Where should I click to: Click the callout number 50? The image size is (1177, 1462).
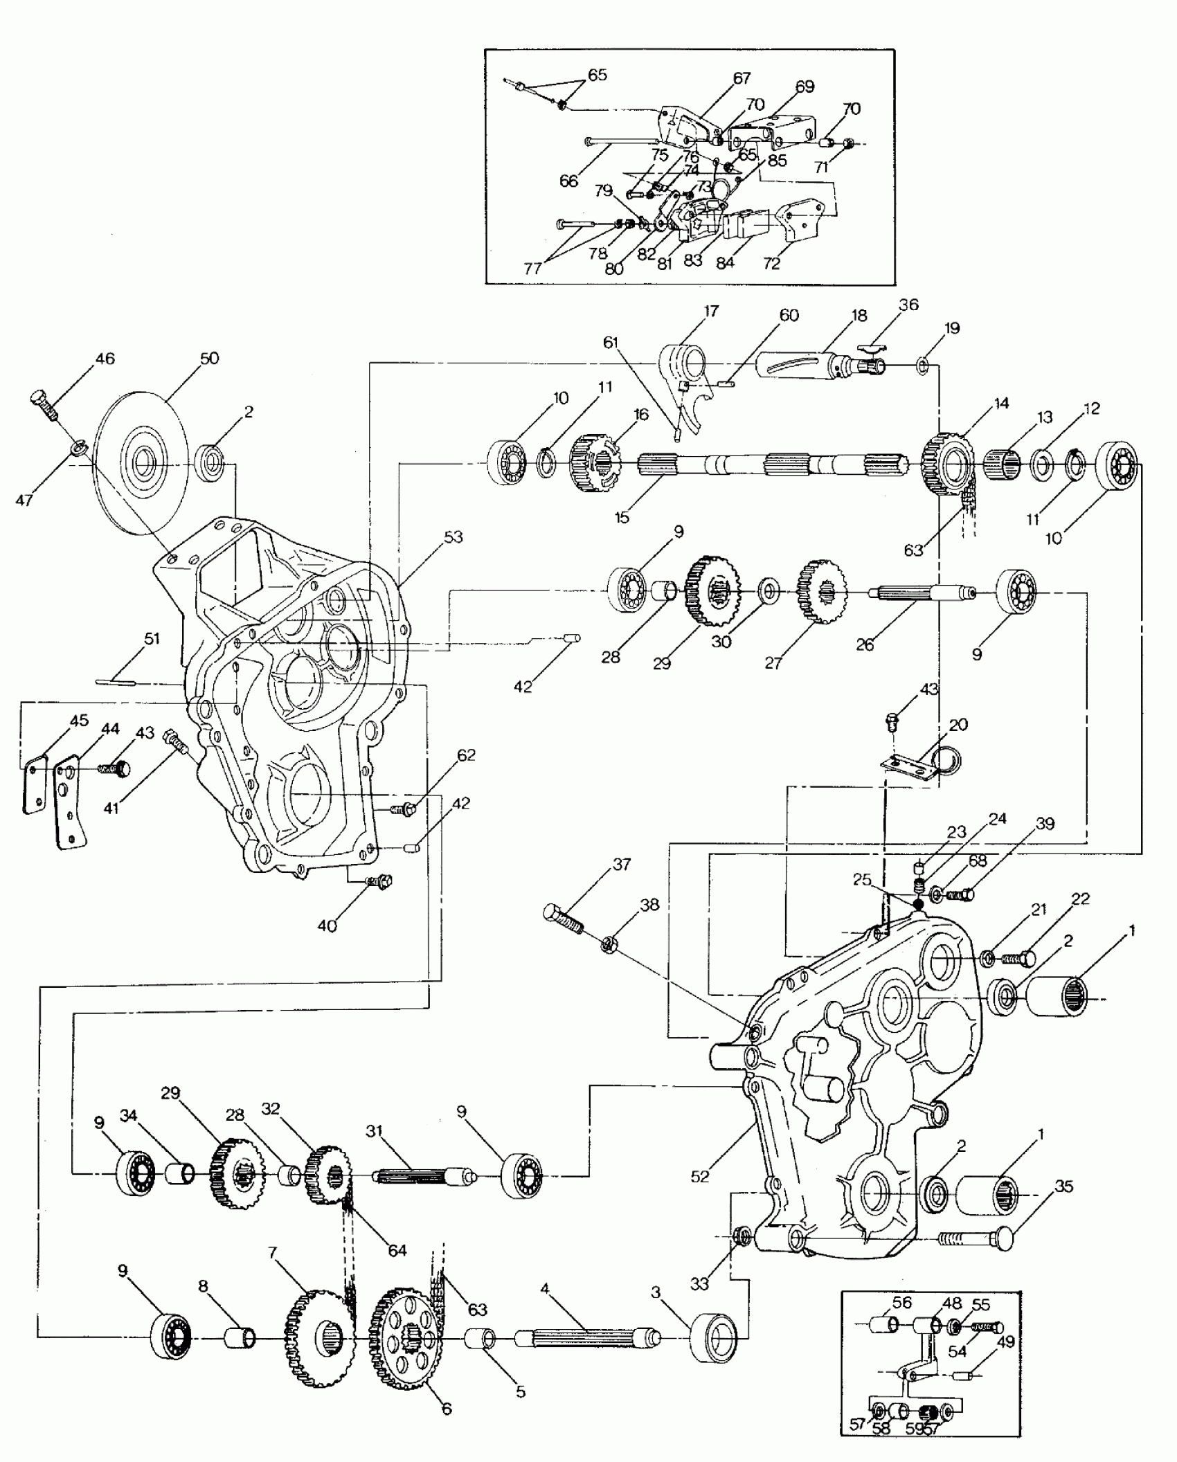pyautogui.click(x=209, y=358)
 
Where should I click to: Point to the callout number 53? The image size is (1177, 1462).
pyautogui.click(x=453, y=537)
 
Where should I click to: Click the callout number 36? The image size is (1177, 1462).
pyautogui.click(x=908, y=305)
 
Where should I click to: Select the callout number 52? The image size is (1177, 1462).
pyautogui.click(x=700, y=1176)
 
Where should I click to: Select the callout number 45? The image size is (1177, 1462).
pyautogui.click(x=79, y=720)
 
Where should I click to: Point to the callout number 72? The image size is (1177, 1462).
pyautogui.click(x=771, y=263)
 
